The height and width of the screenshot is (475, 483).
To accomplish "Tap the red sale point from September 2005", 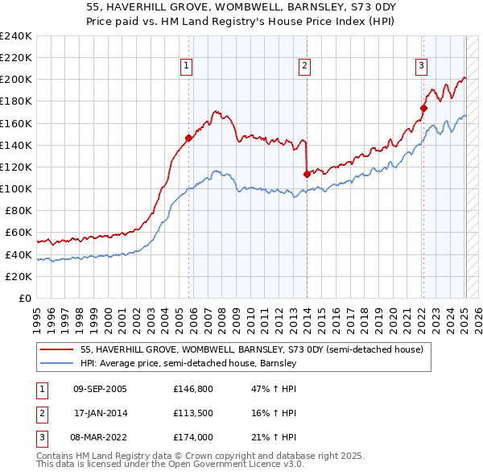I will [x=188, y=138].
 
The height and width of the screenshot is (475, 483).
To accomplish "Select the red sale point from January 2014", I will [x=307, y=174].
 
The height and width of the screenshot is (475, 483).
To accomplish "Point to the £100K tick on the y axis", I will [x=16, y=188].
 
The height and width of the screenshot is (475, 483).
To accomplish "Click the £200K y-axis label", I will [x=16, y=80].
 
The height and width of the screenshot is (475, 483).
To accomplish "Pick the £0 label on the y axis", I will [x=24, y=298].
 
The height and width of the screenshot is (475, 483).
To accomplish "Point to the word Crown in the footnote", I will [x=220, y=456].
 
